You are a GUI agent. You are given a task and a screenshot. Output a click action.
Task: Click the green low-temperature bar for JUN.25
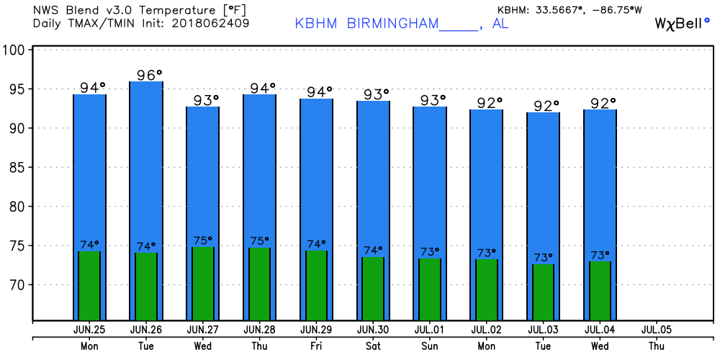[89, 286]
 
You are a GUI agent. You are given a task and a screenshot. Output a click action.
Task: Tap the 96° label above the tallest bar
[150, 75]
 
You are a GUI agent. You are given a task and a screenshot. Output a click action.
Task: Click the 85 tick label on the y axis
[16, 168]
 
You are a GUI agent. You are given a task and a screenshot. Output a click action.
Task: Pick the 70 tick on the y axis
[16, 285]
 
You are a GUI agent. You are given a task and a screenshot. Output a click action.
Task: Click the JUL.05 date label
[656, 330]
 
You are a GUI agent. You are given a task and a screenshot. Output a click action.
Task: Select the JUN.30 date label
[372, 330]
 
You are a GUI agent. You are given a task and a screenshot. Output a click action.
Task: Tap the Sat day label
[372, 345]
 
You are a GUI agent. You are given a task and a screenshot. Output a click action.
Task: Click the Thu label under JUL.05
[656, 345]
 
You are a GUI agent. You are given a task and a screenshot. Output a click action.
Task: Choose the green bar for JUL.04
[600, 291]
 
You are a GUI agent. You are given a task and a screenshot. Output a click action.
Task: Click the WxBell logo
[681, 23]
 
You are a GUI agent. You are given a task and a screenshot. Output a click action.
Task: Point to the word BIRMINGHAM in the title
[393, 23]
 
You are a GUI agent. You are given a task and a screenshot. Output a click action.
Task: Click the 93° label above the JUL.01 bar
[433, 100]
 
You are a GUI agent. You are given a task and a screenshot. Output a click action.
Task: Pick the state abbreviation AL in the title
[500, 23]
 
